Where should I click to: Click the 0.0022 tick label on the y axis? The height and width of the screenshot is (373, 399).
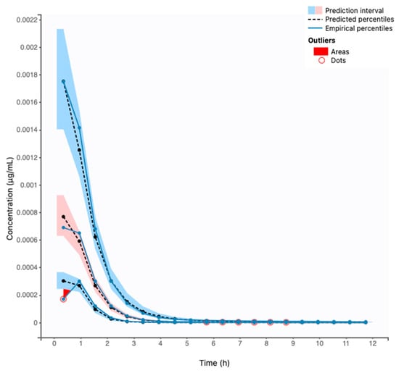coord(27,20)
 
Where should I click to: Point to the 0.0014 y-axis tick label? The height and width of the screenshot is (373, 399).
coord(27,130)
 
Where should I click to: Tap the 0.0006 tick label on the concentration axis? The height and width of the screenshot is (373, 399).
coord(27,240)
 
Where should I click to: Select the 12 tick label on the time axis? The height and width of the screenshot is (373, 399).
coord(373,343)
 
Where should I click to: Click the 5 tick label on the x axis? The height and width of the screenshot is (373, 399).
coord(187,343)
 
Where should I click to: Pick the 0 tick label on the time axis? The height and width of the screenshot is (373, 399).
coord(54,343)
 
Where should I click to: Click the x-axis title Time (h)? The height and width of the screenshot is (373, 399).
coord(214,363)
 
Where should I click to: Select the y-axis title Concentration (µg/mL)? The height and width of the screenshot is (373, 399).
coord(9,198)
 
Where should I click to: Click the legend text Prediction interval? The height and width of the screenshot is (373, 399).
coord(355,11)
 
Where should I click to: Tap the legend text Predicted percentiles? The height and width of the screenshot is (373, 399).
coord(360,20)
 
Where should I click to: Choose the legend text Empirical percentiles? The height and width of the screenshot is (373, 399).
coord(359,28)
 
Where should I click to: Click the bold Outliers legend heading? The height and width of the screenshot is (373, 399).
coord(321,41)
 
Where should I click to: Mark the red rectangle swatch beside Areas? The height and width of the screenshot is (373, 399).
coord(321,51)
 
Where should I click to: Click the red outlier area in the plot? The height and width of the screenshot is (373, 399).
coord(66,292)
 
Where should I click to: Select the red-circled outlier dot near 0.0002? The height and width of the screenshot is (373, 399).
coord(63,299)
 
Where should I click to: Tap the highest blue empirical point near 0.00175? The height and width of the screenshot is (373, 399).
coord(63,81)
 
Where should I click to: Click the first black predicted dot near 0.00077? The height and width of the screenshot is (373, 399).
coord(63,217)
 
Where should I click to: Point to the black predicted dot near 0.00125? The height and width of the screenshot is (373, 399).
coord(79,150)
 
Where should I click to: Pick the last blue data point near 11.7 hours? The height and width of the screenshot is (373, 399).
coord(366,322)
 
